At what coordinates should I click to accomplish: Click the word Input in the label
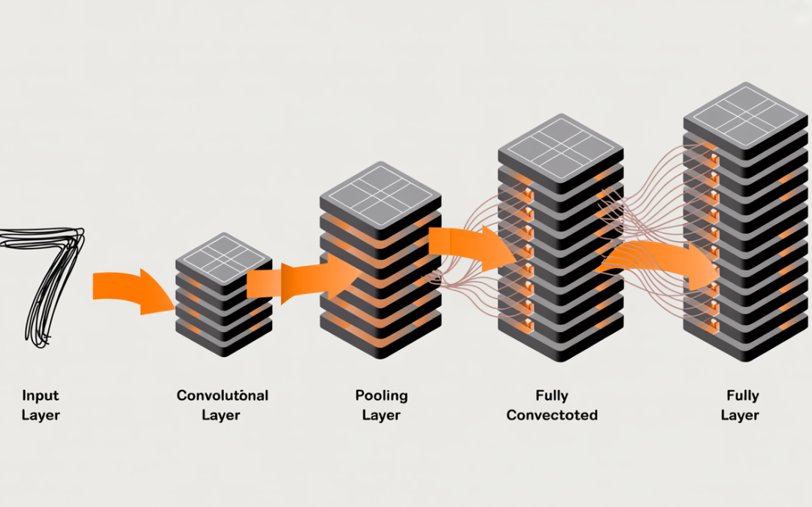coord(40,395)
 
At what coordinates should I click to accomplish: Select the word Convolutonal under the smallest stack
coord(222,395)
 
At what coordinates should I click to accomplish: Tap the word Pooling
coord(381,395)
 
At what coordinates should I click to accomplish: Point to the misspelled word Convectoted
coord(552,415)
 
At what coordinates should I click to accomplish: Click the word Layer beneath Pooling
coord(381,415)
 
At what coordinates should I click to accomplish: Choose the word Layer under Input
coord(40,415)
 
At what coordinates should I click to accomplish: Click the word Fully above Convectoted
coord(552,395)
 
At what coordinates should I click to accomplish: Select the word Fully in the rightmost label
coord(741,395)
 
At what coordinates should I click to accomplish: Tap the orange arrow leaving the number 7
coord(128,291)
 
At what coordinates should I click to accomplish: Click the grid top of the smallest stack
coord(223,256)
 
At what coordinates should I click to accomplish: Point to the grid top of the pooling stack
coord(380,188)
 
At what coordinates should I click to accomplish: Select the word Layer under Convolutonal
coord(221,415)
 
